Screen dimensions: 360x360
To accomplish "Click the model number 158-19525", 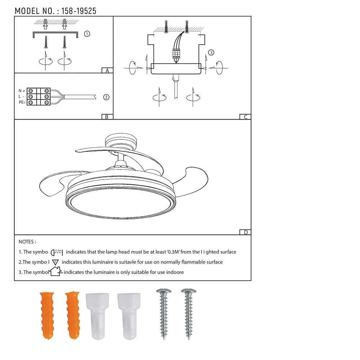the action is pos(79,11).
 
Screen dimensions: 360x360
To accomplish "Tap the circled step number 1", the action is pos(87,34).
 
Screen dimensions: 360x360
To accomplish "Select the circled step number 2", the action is pos(106,97).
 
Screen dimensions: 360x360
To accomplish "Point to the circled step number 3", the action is pos(211,53).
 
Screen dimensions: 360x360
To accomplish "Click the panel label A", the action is pos(107,71).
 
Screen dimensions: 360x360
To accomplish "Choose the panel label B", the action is pos(107,117).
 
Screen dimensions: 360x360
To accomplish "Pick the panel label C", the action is pos(246,117).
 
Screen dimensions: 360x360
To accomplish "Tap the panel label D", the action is pos(246,232).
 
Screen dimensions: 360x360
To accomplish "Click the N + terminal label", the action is pos(22,91).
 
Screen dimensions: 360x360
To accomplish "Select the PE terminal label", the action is pos(22,102).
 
